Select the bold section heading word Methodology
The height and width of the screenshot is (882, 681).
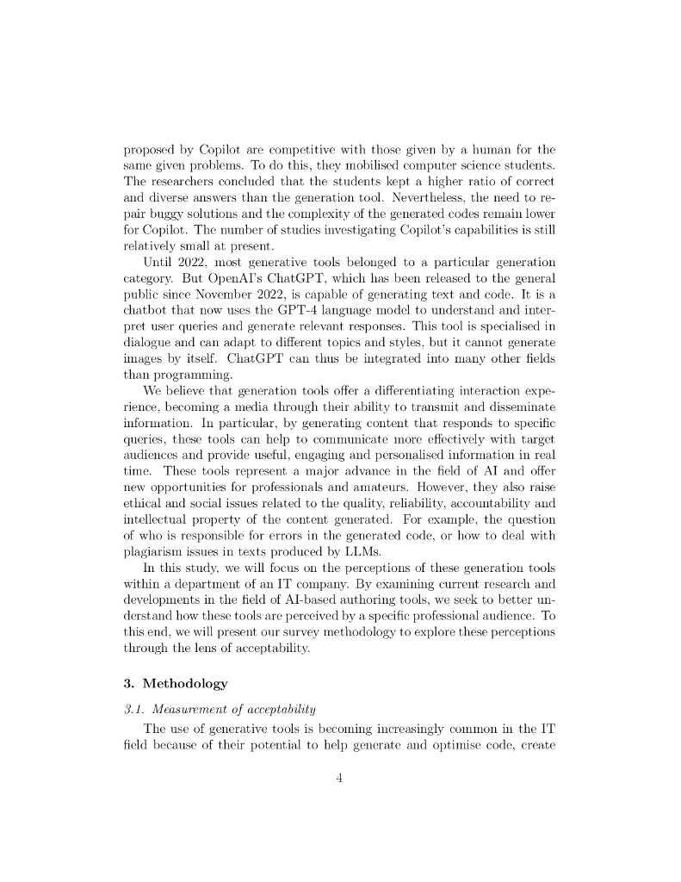(186, 684)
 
